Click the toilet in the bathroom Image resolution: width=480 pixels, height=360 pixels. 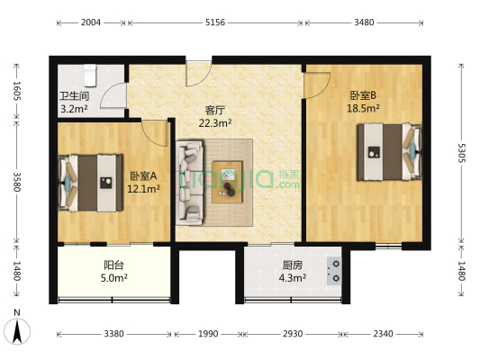88,71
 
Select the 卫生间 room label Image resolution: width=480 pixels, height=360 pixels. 73,95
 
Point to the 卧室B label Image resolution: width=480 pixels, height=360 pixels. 364,94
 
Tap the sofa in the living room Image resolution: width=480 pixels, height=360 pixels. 190,180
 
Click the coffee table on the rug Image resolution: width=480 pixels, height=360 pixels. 229,180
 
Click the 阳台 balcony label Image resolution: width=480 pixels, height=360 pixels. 113,265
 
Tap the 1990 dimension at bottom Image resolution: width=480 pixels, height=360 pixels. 208,335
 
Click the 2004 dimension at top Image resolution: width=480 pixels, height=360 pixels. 91,23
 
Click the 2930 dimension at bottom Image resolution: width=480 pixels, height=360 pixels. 293,335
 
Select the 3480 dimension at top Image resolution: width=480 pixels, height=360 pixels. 366,23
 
